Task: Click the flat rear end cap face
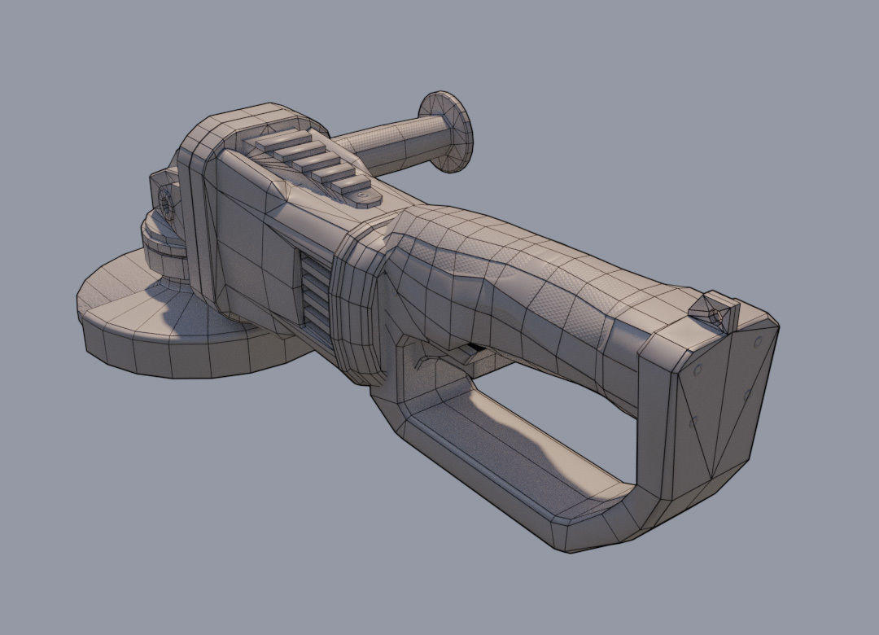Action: coord(716,399)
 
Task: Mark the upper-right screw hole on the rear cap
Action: coord(758,339)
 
